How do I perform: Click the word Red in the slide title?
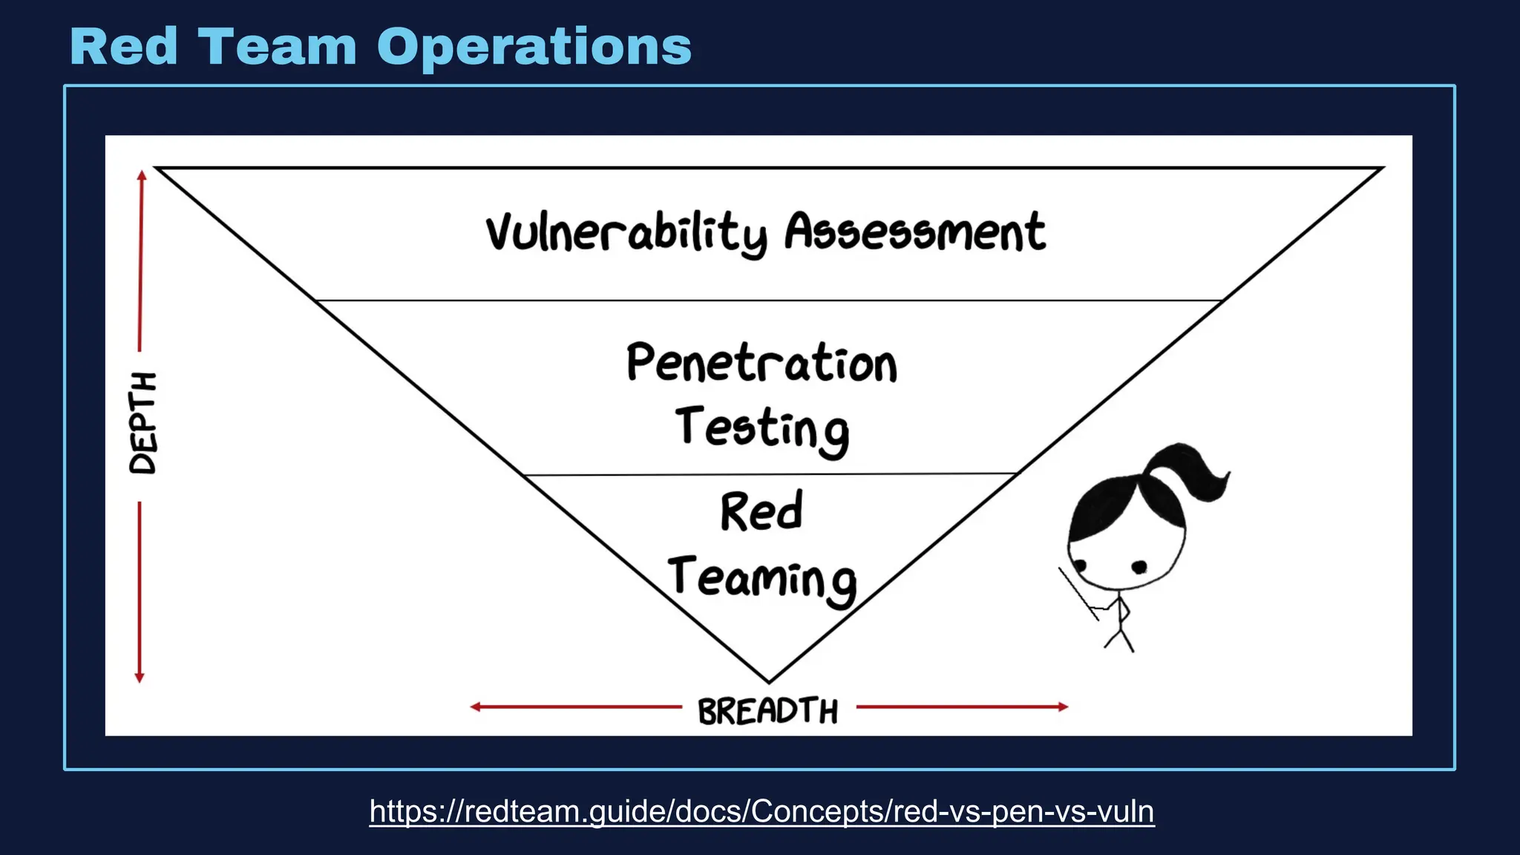tap(124, 47)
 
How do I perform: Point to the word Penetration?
tap(761, 363)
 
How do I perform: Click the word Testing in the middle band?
tap(761, 429)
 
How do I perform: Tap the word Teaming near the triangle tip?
tap(761, 580)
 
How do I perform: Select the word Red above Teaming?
tap(761, 511)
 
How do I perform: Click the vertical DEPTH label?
tap(142, 423)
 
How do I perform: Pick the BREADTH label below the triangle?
tap(767, 710)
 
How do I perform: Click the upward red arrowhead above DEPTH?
tap(142, 175)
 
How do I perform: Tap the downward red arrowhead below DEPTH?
tap(139, 677)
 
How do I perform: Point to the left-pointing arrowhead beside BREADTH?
tap(476, 707)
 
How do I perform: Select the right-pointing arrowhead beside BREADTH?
tap(1063, 707)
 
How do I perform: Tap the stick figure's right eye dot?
tap(1139, 568)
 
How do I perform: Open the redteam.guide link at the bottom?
tap(761, 811)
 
